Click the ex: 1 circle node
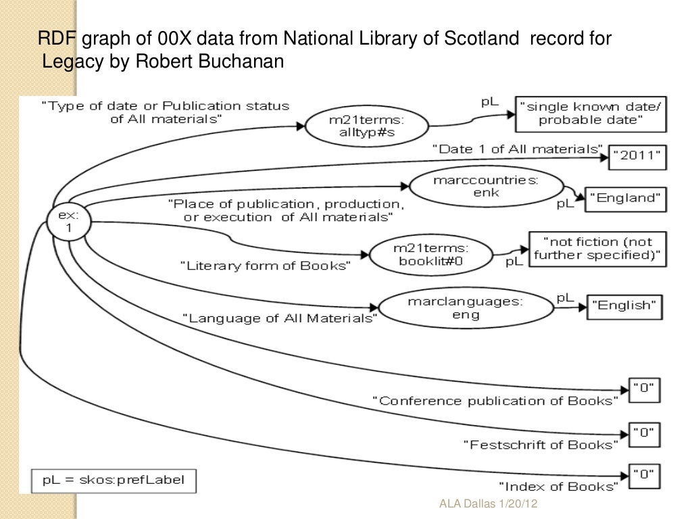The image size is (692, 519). pos(68,221)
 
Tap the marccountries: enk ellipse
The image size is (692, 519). pos(466,189)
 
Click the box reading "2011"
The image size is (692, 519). pos(637,156)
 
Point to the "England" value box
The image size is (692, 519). pos(624,198)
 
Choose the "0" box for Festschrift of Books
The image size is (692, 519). pos(644,433)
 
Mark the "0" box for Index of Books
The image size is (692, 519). pos(644,474)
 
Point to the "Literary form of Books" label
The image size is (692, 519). pos(266,266)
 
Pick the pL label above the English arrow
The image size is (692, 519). pos(565,297)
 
